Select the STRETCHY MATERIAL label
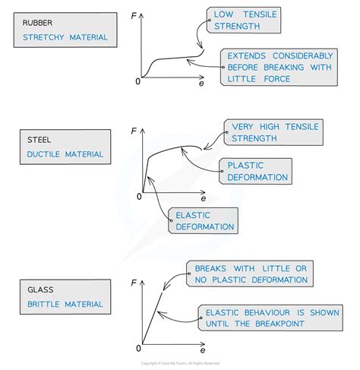65,36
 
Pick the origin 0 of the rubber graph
138,81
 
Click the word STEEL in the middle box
37,141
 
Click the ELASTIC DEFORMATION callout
204,220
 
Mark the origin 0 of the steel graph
138,197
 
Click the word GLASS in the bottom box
36,289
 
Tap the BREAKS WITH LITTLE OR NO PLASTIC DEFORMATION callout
251,274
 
